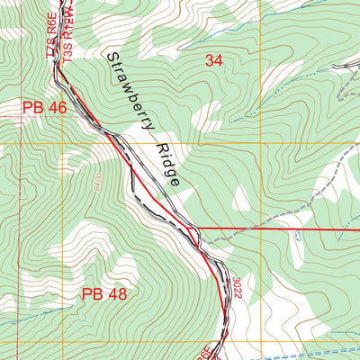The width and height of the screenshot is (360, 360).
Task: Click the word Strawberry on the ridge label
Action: click(129, 95)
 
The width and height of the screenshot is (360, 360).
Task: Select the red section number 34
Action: click(213, 61)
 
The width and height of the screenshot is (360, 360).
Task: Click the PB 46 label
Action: click(45, 108)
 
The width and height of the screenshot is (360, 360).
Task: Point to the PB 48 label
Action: click(104, 293)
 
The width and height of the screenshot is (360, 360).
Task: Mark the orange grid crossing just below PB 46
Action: click(62, 143)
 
